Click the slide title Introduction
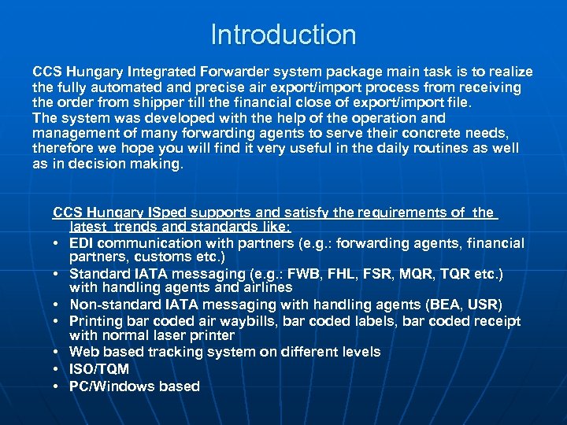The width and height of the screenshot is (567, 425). pyautogui.click(x=283, y=35)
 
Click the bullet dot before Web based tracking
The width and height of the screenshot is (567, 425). pyautogui.click(x=58, y=353)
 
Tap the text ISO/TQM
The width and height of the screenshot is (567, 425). pyautogui.click(x=99, y=369)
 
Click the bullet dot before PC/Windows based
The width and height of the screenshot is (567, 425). pyautogui.click(x=58, y=386)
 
